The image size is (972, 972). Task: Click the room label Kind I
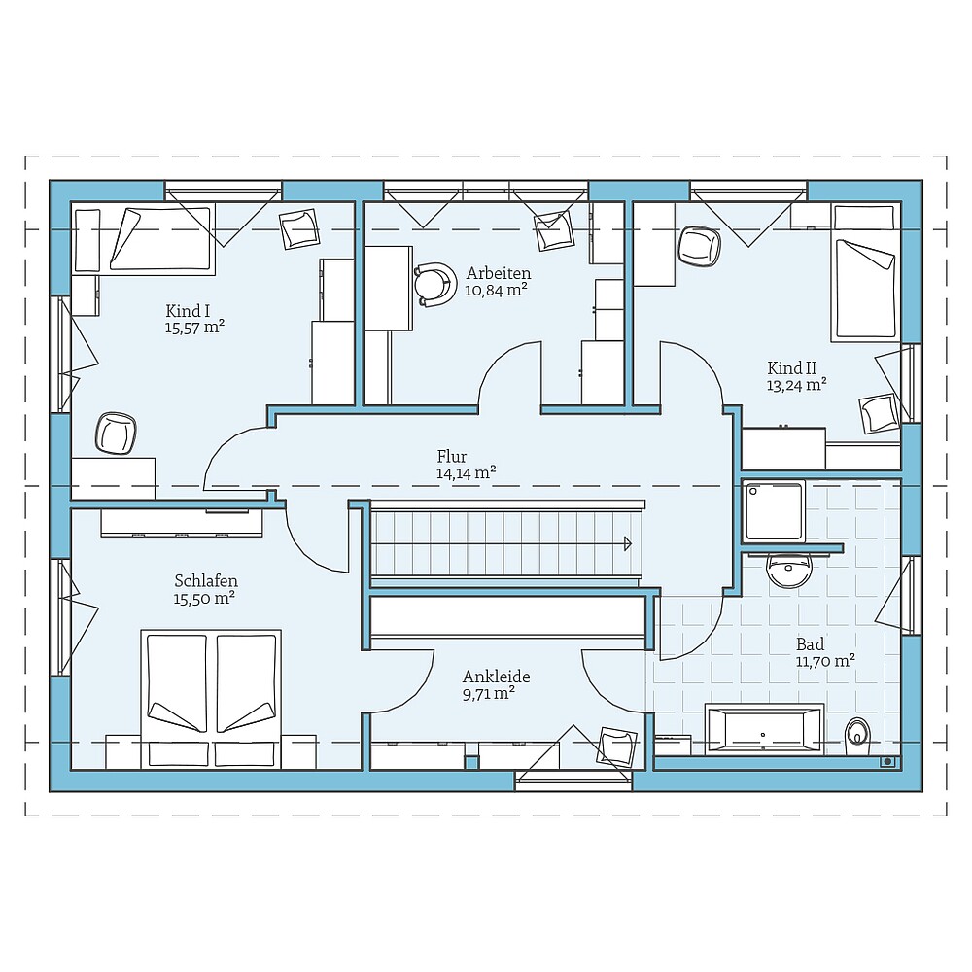click(188, 311)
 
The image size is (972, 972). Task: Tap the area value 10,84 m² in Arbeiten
click(496, 290)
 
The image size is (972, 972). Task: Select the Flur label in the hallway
click(452, 456)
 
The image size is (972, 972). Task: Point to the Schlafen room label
click(206, 581)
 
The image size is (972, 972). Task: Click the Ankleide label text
click(496, 677)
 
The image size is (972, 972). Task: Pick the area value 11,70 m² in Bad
click(825, 661)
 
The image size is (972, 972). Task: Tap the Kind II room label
click(791, 368)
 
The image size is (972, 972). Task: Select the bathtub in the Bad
click(764, 730)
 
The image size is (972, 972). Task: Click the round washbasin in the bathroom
click(789, 570)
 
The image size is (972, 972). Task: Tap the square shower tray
click(774, 511)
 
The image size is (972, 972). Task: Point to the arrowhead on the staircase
click(628, 543)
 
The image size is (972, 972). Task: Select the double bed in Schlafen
click(211, 699)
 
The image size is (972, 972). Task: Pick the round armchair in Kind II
click(701, 246)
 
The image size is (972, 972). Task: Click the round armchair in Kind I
click(116, 434)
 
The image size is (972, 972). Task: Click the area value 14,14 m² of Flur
click(466, 473)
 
